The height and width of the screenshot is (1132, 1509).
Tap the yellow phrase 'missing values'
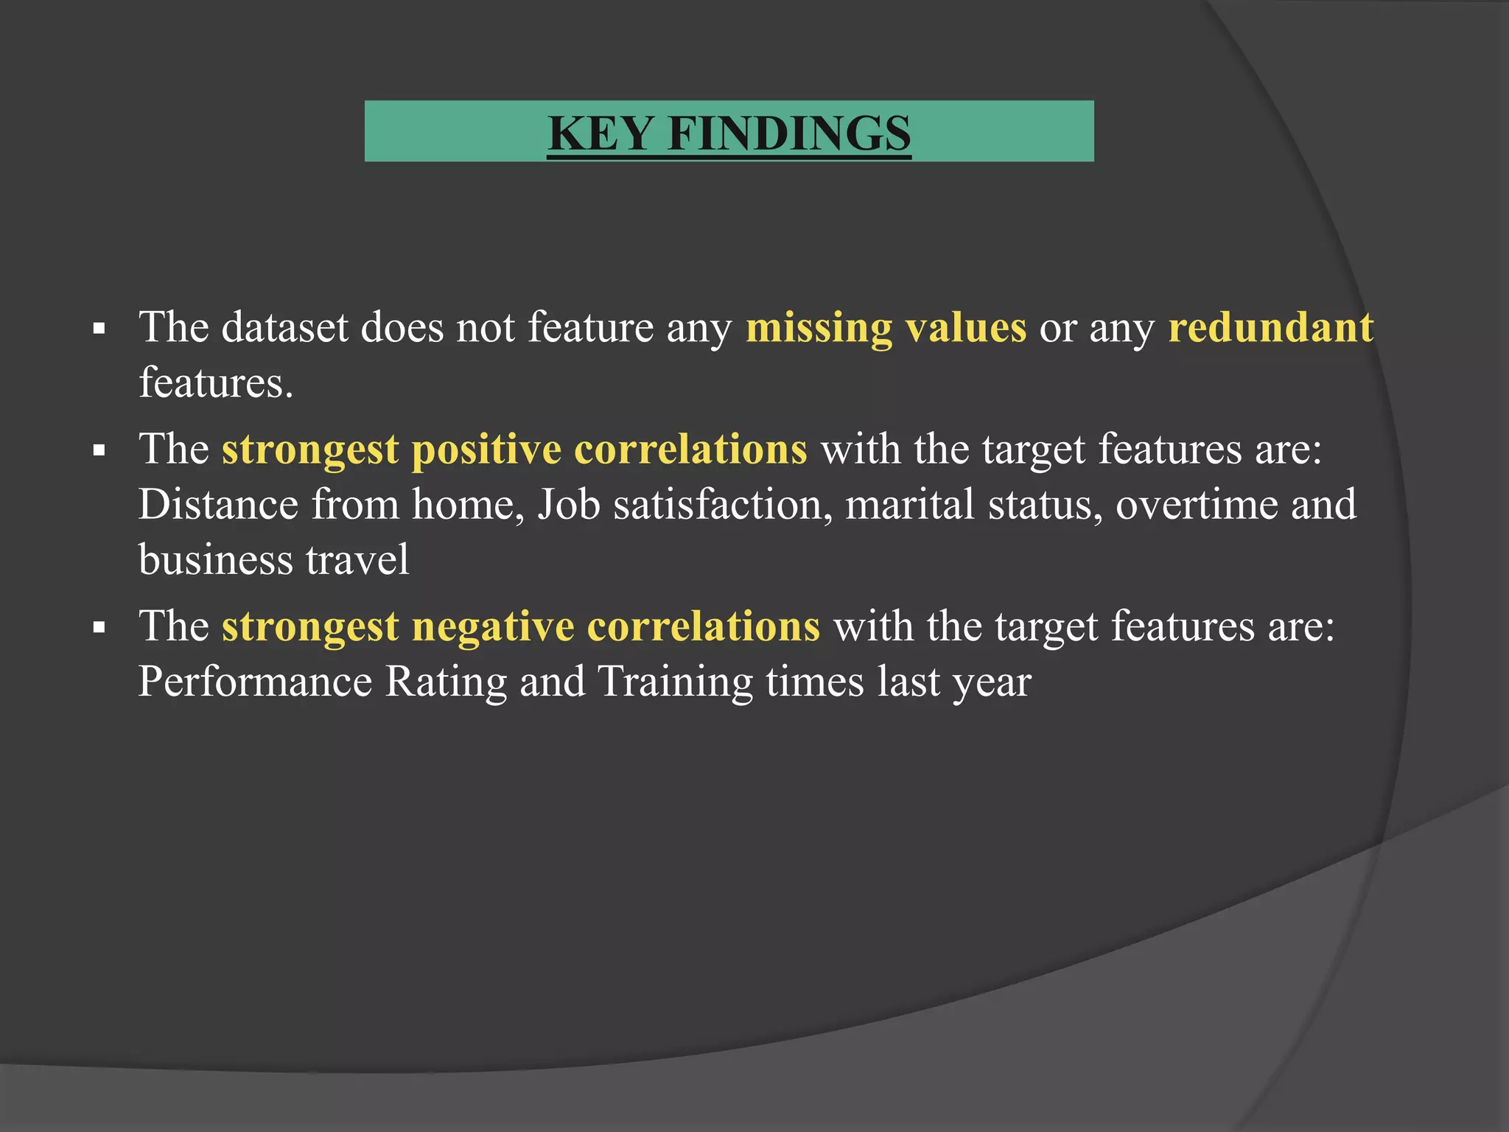coord(886,327)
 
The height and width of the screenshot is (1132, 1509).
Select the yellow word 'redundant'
coord(1270,327)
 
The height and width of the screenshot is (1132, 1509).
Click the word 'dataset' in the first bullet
coord(284,327)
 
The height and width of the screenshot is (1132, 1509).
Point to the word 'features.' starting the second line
coord(216,382)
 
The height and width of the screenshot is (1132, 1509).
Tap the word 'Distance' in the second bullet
coord(218,505)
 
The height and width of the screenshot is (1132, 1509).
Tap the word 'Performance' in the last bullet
coord(255,682)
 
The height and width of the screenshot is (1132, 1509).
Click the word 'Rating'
coord(446,682)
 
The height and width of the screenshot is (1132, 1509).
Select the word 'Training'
coord(674,682)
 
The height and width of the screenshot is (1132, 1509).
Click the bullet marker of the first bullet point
coord(99,329)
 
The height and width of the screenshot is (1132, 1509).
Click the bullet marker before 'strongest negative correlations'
coord(99,629)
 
